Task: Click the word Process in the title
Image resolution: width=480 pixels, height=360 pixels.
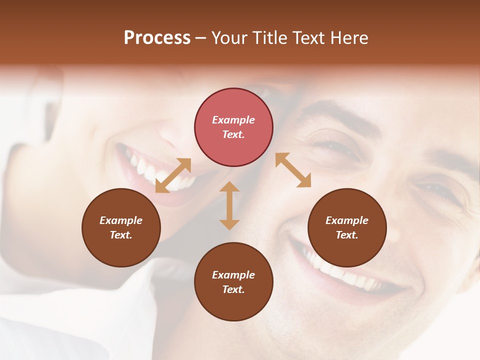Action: (157, 38)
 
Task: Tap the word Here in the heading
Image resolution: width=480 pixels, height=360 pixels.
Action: (349, 38)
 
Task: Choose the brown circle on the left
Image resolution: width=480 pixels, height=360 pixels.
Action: (121, 227)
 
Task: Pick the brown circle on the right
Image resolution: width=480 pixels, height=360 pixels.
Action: (347, 227)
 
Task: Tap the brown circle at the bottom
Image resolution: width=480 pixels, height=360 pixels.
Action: (233, 282)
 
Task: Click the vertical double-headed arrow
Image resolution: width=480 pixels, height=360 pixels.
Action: (229, 205)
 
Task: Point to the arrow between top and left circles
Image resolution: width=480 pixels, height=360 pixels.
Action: (173, 175)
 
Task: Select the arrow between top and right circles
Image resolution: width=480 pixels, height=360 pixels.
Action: (293, 170)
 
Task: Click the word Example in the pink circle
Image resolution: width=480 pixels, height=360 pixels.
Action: (233, 120)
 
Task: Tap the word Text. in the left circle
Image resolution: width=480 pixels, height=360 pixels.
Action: (121, 235)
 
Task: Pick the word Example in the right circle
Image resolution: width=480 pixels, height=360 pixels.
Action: (347, 220)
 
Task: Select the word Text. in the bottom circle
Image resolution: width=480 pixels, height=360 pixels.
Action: (233, 289)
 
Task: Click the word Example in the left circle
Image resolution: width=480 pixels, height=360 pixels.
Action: (121, 220)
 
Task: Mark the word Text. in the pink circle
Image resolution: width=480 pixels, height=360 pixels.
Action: (233, 134)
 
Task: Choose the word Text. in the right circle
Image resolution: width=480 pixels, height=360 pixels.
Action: (347, 235)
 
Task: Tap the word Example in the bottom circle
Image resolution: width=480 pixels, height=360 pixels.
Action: (233, 275)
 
